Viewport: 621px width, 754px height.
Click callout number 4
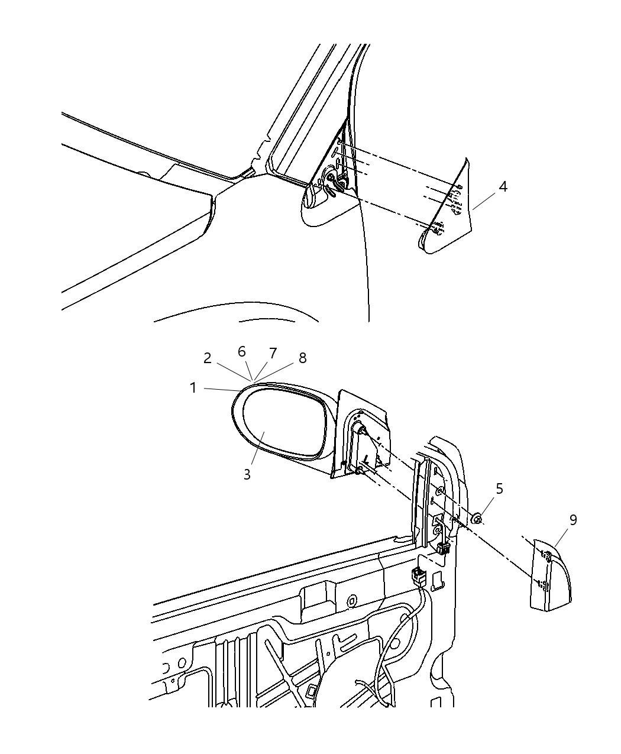coord(503,187)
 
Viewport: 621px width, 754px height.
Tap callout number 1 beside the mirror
coord(193,388)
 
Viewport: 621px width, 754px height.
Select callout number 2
coord(207,358)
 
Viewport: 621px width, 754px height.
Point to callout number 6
coord(242,351)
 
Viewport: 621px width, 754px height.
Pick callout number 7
coord(273,353)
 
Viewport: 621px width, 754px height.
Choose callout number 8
coord(302,358)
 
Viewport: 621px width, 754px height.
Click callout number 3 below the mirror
coord(247,474)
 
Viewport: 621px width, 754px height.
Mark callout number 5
coord(499,488)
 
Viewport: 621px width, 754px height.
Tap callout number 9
coord(573,520)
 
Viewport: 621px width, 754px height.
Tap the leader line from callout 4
coord(484,202)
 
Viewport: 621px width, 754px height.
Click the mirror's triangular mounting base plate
coord(361,434)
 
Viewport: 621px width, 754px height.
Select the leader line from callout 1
coord(221,389)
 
